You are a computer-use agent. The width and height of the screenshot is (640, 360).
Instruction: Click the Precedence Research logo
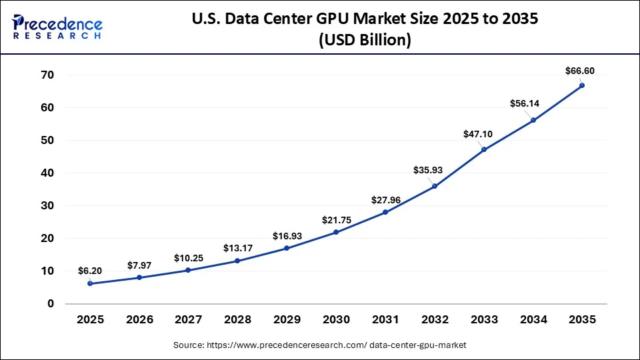(x=57, y=26)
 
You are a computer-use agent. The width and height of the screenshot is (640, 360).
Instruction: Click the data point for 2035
(x=582, y=85)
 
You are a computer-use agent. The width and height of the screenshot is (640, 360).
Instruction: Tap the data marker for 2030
(x=336, y=232)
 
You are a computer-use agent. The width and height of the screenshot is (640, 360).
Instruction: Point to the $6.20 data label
(x=91, y=271)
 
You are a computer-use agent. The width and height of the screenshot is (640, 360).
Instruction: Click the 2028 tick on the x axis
(x=237, y=320)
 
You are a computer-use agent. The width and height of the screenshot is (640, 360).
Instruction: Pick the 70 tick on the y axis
(x=46, y=75)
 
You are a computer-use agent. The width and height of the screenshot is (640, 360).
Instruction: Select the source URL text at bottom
(x=319, y=345)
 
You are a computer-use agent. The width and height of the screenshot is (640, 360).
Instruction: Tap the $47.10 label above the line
(x=477, y=134)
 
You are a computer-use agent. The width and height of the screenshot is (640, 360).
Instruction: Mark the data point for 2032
(x=435, y=186)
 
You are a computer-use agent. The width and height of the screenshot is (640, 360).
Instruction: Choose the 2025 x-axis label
(x=90, y=320)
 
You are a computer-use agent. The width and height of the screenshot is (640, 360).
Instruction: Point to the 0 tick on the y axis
(x=50, y=303)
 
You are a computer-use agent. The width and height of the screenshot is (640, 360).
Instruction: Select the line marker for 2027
(x=189, y=270)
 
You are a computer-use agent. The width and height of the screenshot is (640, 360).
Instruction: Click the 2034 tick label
(x=533, y=320)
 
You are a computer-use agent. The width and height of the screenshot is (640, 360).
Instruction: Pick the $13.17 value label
(x=237, y=247)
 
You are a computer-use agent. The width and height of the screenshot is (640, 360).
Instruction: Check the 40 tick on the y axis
(x=46, y=173)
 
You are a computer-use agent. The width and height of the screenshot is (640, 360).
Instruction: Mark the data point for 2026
(x=139, y=277)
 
